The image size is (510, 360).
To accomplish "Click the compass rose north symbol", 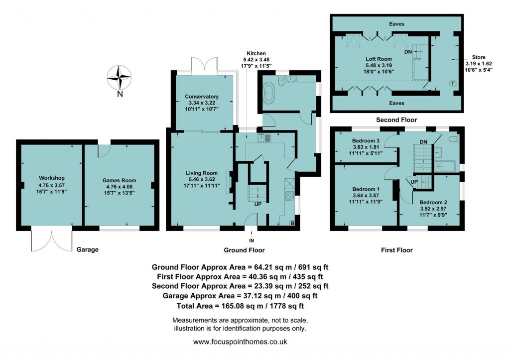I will [x=120, y=78].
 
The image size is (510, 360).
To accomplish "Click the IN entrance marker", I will [x=252, y=240].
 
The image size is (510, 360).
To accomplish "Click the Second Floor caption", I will [x=396, y=120].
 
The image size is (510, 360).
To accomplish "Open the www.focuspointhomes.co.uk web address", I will [x=240, y=342].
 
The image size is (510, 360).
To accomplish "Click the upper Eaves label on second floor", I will [x=397, y=23].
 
